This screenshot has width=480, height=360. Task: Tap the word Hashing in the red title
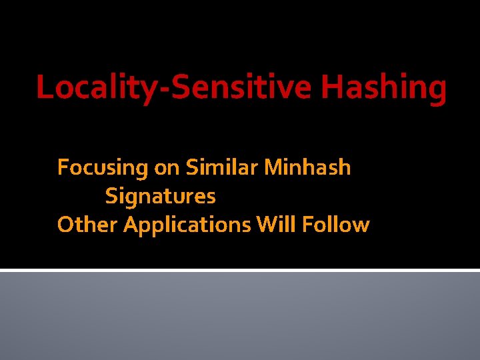[384, 88]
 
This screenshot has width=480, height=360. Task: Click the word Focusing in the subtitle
[103, 167]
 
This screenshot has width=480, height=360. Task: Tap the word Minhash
[307, 167]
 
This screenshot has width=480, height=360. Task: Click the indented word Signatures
[161, 197]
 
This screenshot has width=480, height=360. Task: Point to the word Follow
[335, 225]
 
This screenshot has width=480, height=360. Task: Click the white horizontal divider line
[240, 269]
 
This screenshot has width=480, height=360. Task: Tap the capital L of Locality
[44, 87]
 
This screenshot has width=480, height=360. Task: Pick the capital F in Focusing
[63, 167]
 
